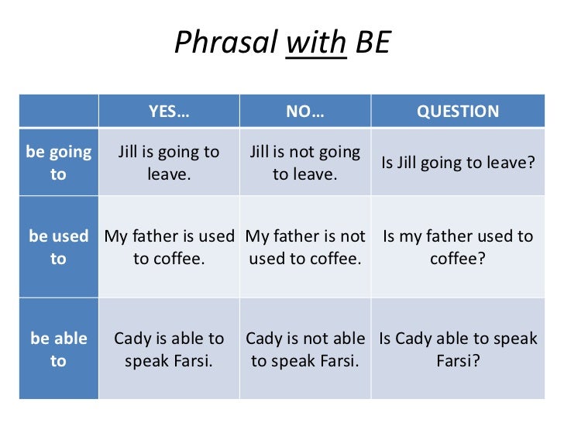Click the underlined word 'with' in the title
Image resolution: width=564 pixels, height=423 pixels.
[316, 43]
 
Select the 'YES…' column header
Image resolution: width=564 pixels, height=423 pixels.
[168, 112]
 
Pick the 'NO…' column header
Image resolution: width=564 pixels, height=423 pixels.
[304, 112]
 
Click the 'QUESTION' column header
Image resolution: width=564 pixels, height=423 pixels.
[458, 112]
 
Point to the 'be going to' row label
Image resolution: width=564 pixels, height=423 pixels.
[58, 163]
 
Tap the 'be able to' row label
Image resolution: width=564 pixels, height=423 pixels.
[58, 350]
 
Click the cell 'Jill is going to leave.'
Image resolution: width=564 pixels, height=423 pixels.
[168, 163]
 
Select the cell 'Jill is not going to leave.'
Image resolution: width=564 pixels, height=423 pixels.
[304, 163]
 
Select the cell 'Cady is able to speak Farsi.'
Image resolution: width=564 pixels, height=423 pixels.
[168, 350]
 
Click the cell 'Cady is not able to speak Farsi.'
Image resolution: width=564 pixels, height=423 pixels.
[304, 350]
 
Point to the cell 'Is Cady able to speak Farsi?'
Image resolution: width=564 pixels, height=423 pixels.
[458, 350]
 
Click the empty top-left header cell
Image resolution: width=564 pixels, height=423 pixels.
[58, 112]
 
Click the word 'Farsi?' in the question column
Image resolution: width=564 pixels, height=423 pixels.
[458, 361]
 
